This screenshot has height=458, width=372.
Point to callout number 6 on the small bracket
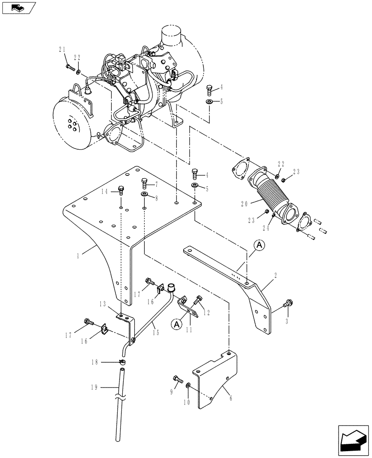(230, 399)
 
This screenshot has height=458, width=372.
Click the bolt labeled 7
(145, 183)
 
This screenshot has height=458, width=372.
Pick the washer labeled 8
(144, 196)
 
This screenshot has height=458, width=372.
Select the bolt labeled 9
(177, 379)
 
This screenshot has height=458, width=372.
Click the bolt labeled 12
(198, 300)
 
